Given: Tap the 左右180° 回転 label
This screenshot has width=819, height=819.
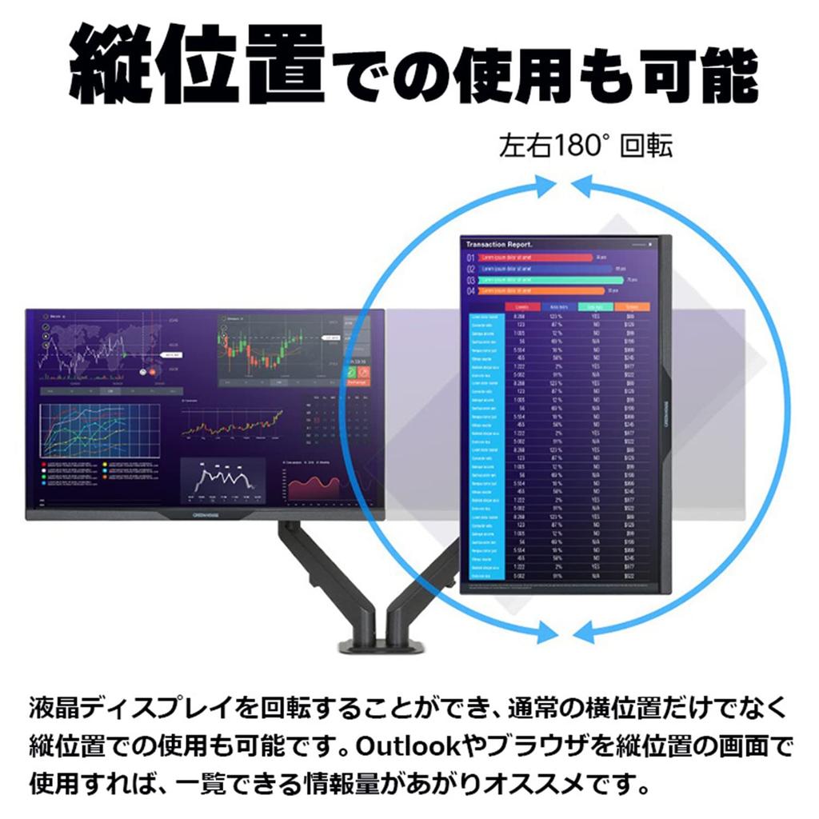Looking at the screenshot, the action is pos(585,146).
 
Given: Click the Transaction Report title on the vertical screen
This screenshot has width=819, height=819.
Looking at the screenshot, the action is pos(499,244).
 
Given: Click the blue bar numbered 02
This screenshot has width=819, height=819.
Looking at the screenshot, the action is pos(544,269).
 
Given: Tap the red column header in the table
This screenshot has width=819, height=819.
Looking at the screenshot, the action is pos(523,306).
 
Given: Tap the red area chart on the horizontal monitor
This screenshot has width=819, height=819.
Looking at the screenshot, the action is pos(314,485).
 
